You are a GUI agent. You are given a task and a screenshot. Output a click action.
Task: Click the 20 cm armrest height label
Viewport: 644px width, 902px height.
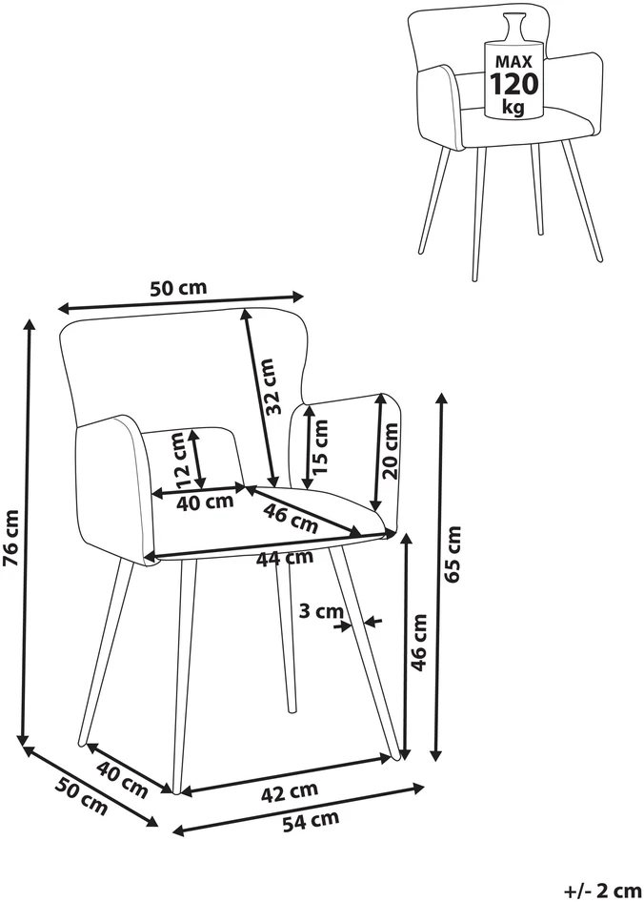[x=391, y=451]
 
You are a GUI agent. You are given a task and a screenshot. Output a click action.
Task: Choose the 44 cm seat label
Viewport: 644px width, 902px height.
[x=285, y=557]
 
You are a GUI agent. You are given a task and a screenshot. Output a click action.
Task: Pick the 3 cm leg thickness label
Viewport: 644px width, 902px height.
[x=323, y=611]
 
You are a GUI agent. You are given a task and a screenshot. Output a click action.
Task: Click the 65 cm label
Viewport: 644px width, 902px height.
[x=453, y=554]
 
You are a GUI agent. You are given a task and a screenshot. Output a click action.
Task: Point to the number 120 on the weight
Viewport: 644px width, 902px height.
[x=514, y=84]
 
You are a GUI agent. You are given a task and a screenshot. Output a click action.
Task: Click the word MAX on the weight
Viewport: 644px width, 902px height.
[x=513, y=62]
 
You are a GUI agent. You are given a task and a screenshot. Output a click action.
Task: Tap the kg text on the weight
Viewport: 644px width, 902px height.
[x=513, y=107]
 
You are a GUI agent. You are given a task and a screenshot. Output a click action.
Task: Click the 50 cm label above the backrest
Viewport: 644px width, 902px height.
[x=178, y=288]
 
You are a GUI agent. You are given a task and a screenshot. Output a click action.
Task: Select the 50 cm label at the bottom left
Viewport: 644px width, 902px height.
[x=82, y=795]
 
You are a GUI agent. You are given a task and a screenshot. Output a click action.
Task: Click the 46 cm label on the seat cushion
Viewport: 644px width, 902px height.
[x=291, y=517]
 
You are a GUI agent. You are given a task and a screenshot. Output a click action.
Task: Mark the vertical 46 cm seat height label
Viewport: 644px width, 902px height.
[x=420, y=643]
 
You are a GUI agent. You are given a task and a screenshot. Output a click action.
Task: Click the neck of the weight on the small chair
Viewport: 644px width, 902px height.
[x=513, y=27]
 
